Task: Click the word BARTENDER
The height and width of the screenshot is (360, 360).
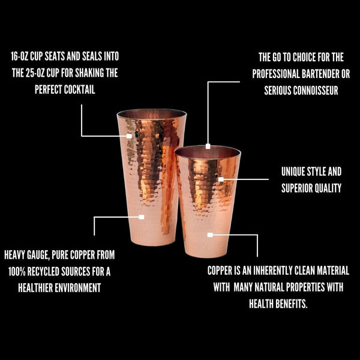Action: click(x=320, y=74)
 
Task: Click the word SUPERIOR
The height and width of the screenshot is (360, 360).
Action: click(x=301, y=188)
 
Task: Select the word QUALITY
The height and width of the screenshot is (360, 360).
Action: click(x=330, y=188)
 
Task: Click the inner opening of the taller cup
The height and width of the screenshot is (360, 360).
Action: click(x=152, y=115)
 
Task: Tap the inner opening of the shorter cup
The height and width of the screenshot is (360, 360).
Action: click(x=208, y=152)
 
